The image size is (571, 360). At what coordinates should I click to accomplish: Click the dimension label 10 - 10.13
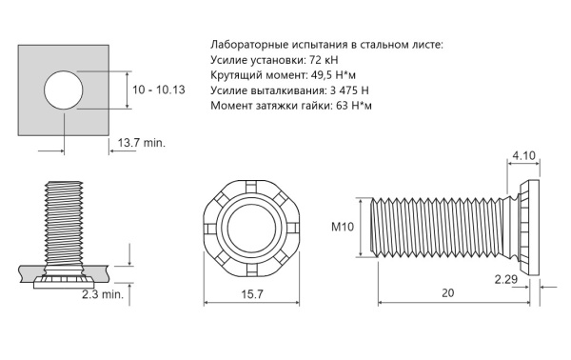coord(158,90)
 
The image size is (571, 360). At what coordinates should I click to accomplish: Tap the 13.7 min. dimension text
coord(141,143)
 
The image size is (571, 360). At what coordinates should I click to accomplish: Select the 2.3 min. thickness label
coord(103,294)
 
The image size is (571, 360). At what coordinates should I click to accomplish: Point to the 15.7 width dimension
coord(252,294)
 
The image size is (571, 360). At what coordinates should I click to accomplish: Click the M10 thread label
coord(343,227)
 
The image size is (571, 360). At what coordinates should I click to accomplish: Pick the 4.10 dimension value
coord(524,156)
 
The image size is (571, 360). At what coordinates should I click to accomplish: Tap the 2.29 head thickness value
coord(506,279)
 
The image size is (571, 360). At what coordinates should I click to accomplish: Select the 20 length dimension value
coord(448,293)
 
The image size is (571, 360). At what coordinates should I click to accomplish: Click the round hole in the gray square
coord(64,90)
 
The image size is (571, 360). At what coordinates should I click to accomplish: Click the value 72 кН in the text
coord(324,59)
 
